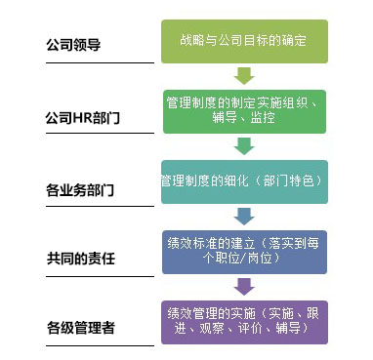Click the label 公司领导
tap(74, 45)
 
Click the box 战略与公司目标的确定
tap(244, 42)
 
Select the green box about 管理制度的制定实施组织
tap(244, 110)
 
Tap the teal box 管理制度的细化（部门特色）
tap(244, 182)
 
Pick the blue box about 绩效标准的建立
tap(244, 251)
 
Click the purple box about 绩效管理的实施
tap(244, 322)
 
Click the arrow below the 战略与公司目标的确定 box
tap(244, 75)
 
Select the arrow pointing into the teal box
tap(244, 145)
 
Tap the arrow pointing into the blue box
tap(244, 217)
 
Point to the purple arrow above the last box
tap(244, 287)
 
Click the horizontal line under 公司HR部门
tap(94, 134)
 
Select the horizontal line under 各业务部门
tap(94, 204)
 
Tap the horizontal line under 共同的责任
tap(94, 274)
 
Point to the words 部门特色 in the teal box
tap(293, 182)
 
